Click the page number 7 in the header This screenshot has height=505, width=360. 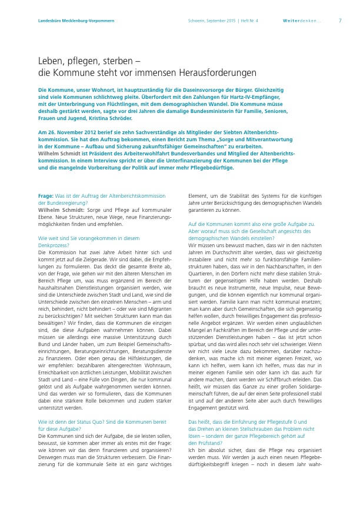tap(341, 20)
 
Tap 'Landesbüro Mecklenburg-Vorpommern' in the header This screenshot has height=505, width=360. tap(72, 20)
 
